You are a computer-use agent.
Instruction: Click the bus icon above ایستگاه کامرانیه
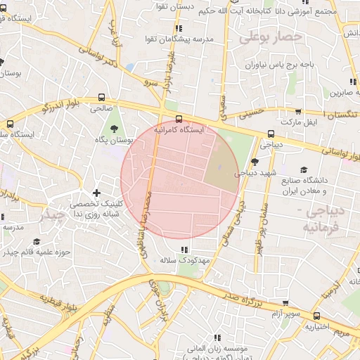(179, 119)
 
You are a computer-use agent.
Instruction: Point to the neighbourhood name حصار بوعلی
(270, 37)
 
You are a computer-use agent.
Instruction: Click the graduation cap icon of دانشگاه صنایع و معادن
(304, 169)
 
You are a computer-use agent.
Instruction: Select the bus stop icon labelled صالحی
(103, 98)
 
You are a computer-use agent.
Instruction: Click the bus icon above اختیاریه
(317, 316)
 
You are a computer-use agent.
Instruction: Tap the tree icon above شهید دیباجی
(255, 161)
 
